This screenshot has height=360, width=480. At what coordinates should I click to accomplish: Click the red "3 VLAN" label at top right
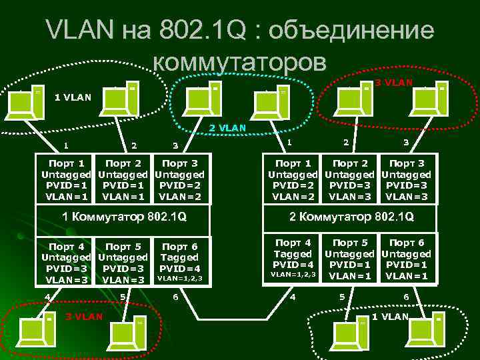click(x=393, y=83)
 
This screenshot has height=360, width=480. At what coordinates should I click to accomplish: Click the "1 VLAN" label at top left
click(x=73, y=97)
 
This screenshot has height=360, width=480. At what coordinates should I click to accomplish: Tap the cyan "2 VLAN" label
click(x=227, y=127)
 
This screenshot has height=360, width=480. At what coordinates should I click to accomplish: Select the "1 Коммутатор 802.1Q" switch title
click(x=123, y=217)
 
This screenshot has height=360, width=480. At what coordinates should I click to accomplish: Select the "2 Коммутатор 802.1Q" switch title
click(x=351, y=217)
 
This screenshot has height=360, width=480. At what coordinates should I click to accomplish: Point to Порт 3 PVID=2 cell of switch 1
click(x=179, y=179)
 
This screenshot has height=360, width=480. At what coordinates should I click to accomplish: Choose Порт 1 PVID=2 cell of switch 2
click(x=293, y=179)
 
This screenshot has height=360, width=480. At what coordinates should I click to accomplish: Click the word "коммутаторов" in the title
click(x=240, y=62)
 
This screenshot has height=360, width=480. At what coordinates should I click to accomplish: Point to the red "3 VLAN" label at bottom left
click(x=83, y=315)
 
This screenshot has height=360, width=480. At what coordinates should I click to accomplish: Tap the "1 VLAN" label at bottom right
click(x=389, y=315)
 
